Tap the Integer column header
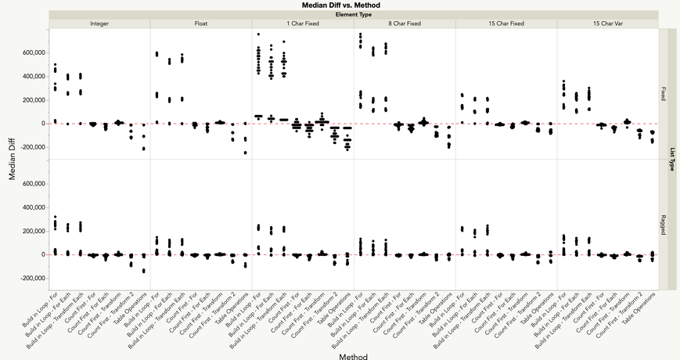[99, 23]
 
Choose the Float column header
[201, 23]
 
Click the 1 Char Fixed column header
[303, 23]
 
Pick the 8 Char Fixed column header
[405, 23]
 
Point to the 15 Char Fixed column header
[506, 23]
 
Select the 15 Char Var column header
[608, 23]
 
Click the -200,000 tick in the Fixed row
[30, 147]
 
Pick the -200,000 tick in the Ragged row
[30, 279]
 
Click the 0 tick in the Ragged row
[42, 255]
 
